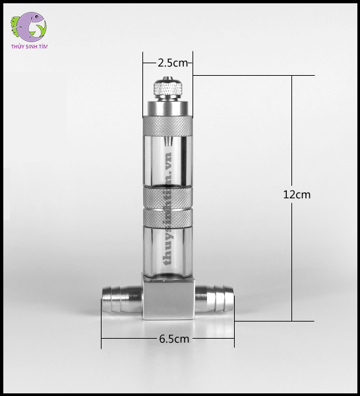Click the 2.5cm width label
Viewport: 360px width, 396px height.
pos(173,63)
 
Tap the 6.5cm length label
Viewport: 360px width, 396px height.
pos(174,339)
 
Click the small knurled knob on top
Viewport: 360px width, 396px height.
pos(167,88)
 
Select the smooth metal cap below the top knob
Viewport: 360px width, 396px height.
pos(167,105)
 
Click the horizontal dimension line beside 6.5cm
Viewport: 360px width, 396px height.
pos(132,340)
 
